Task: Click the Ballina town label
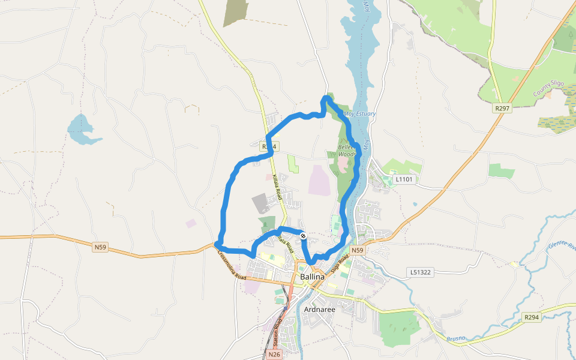click(312, 277)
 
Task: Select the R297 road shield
click(502, 109)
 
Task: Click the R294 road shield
click(531, 317)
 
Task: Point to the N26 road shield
click(274, 355)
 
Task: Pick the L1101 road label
click(404, 179)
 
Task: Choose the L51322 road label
click(422, 272)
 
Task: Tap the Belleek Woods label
click(347, 150)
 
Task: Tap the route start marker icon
click(303, 236)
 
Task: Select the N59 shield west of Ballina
click(101, 247)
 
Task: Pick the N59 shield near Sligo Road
click(358, 250)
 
